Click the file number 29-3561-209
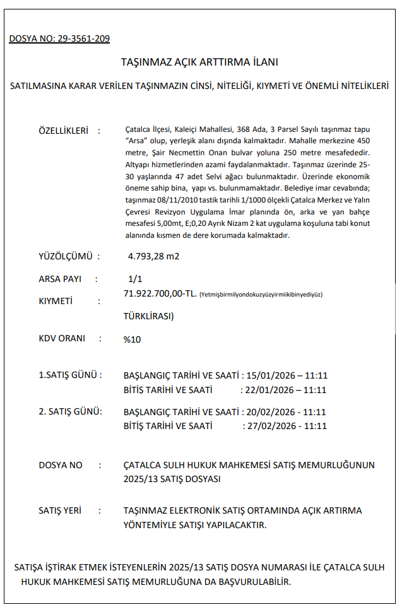click(x=83, y=39)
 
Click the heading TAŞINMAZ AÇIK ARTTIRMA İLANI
click(x=199, y=62)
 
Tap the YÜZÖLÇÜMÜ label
click(x=66, y=256)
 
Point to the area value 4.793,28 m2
click(x=153, y=256)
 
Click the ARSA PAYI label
click(x=60, y=278)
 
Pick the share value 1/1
click(x=135, y=278)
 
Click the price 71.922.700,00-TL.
click(x=160, y=293)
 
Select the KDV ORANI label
click(x=62, y=338)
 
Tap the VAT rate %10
click(x=133, y=339)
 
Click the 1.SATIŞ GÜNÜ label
click(x=69, y=375)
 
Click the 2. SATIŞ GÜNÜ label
click(x=70, y=411)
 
